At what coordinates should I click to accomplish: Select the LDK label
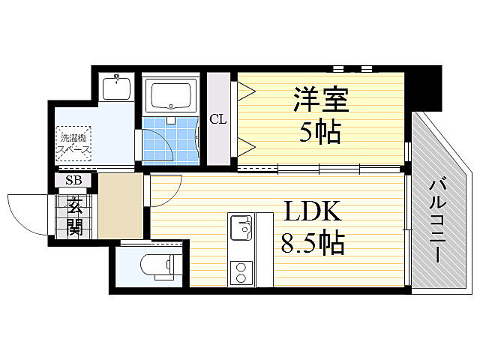(x=312, y=211)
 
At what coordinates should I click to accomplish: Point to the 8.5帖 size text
(x=313, y=243)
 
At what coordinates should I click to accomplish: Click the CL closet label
(x=217, y=118)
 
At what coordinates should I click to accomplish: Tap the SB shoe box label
(x=73, y=180)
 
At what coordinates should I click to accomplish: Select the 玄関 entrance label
(x=75, y=215)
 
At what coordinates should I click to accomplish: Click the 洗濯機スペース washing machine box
(x=73, y=142)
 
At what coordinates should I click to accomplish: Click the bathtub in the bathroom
(x=172, y=97)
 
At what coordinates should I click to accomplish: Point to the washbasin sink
(x=117, y=89)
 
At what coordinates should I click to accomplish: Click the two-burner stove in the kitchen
(x=241, y=271)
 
